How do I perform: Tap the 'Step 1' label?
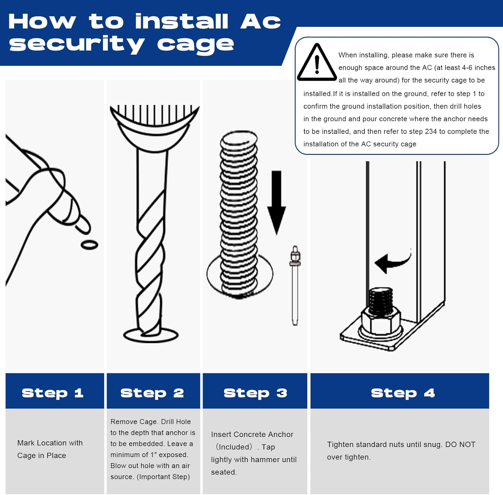pos(52,393)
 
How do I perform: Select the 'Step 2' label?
pos(152,393)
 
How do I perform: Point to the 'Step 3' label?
pos(255,393)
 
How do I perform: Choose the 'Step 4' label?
pos(403,393)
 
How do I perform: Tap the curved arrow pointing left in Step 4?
pos(392,261)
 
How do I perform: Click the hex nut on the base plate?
pos(380,321)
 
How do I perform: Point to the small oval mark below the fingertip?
pos(89,245)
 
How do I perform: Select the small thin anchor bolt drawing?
pos(295,285)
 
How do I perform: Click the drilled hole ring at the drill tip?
pos(151,335)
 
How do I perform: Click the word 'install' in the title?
pos(182,21)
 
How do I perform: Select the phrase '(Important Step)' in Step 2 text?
pos(163,477)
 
